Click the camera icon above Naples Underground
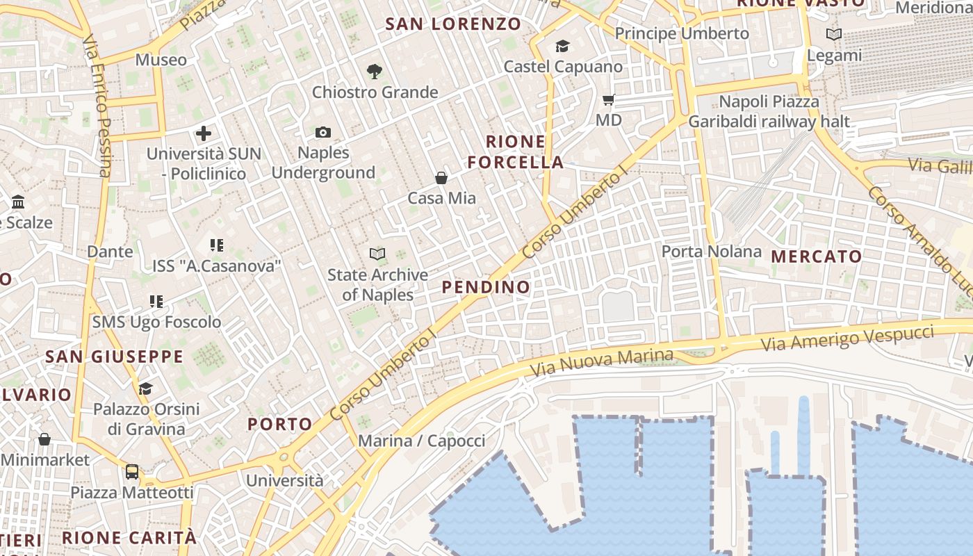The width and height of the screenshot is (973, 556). point(323,132)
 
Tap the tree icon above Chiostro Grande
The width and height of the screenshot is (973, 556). point(375,71)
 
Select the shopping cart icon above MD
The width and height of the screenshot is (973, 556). point(609,100)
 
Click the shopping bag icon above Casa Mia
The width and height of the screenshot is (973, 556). point(441,178)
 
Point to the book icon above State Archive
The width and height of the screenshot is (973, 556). point(377,254)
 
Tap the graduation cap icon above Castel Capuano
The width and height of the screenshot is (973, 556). point(562,47)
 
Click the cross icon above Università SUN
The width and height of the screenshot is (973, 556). point(204,133)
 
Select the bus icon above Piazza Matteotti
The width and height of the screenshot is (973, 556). point(132,472)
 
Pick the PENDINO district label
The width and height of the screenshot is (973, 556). point(486,287)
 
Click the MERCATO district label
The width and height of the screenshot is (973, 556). point(817,256)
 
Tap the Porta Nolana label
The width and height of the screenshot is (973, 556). point(711,251)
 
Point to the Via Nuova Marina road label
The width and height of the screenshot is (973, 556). point(602,363)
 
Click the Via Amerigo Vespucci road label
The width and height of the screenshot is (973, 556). point(847,338)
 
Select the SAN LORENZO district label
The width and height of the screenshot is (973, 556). point(453,24)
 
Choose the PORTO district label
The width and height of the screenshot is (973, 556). point(280,424)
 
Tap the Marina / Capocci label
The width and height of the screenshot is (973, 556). point(421,441)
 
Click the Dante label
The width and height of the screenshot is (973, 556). point(110,252)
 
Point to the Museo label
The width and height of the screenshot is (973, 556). point(161,60)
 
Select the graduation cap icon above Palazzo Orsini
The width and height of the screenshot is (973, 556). point(145,389)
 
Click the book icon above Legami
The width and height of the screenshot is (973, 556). point(833,34)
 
